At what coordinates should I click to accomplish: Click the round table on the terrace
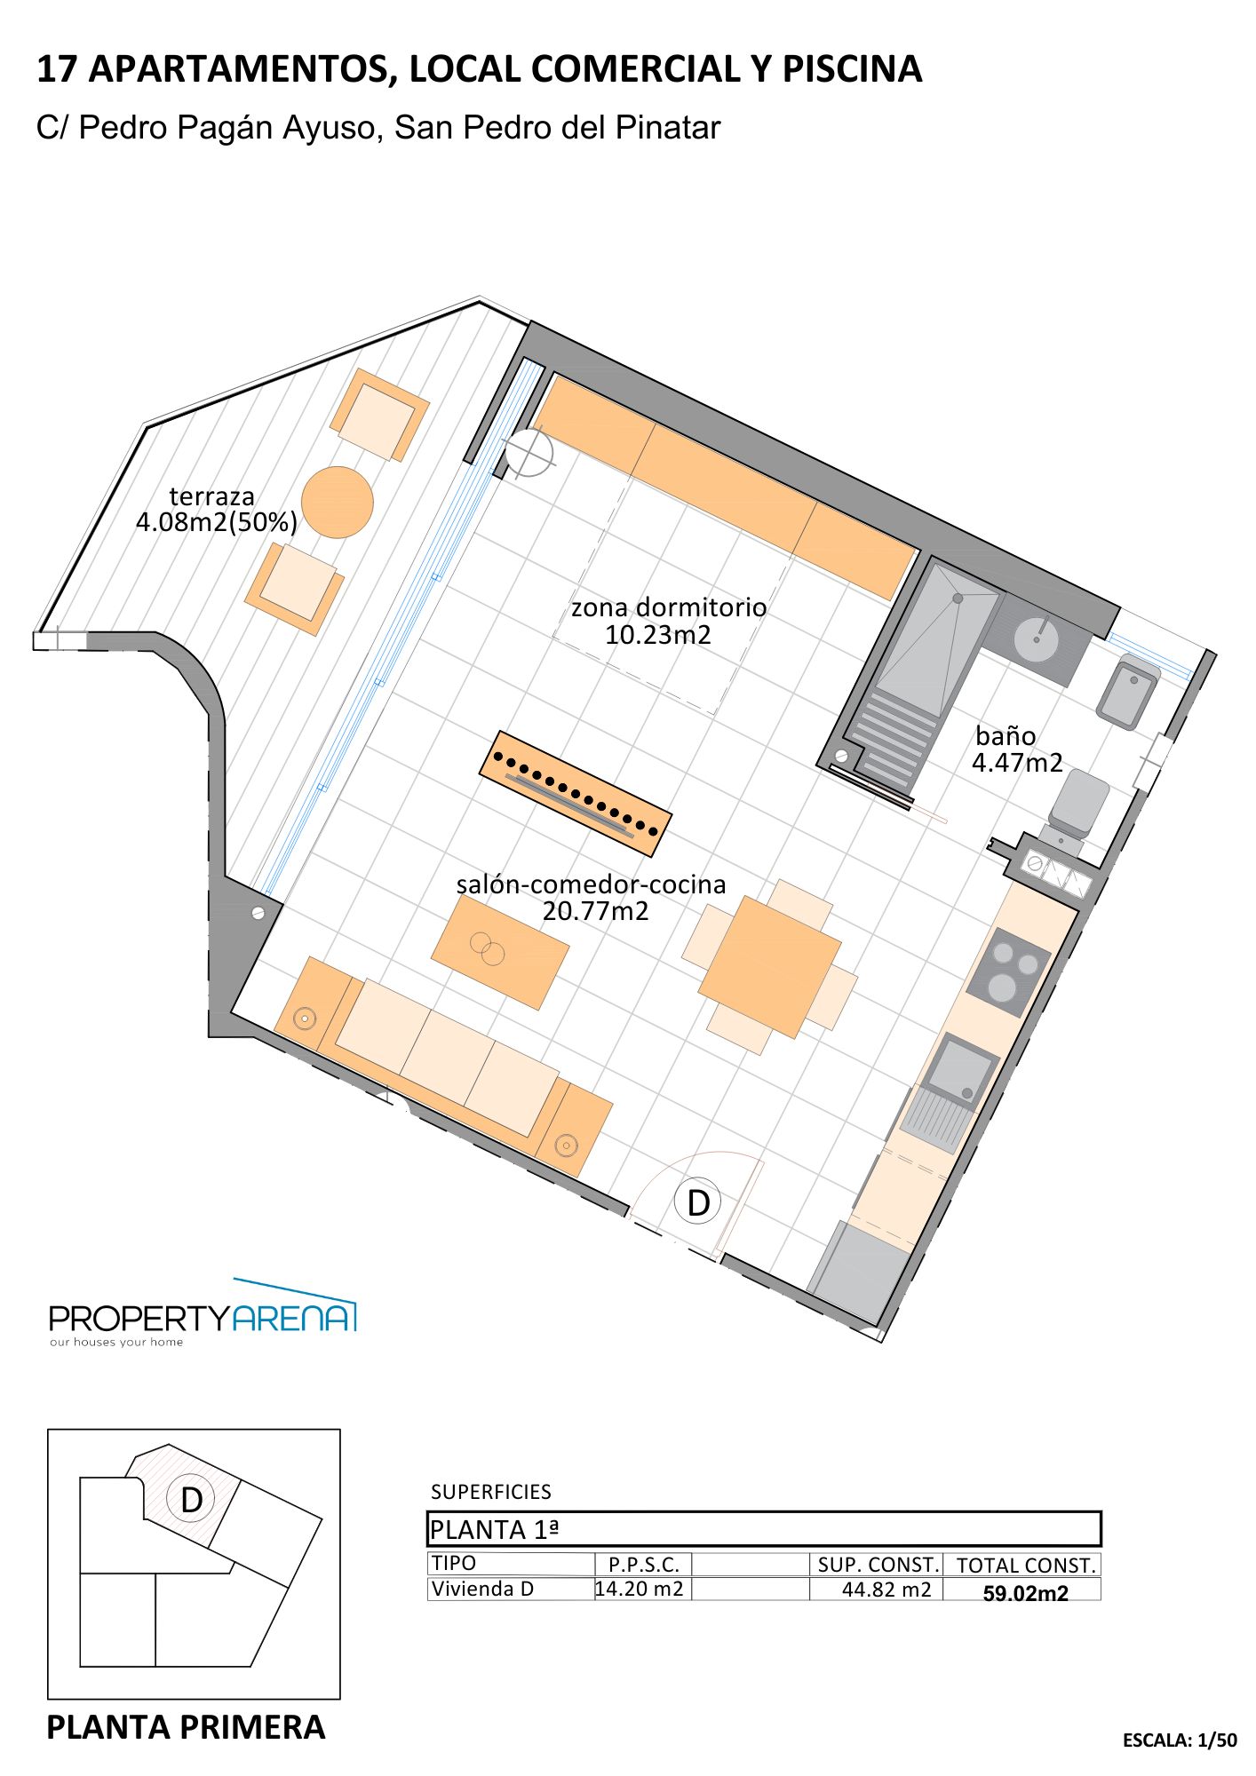coord(337,503)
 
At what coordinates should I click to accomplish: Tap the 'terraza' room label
coord(211,496)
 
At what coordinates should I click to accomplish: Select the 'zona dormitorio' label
coord(669,607)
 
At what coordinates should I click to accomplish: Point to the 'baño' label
coord(1006,736)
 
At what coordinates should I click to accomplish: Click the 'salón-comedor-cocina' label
coord(592,884)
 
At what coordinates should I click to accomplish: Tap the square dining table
coord(770,967)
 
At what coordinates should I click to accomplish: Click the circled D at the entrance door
coord(698,1202)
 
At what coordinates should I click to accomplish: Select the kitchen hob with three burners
coord(1009,972)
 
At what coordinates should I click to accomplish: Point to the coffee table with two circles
coord(500,952)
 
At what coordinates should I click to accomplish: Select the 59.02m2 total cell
coord(1025,1593)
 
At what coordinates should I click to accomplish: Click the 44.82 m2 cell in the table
coord(886,1589)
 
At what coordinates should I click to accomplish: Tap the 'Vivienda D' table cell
coord(482,1588)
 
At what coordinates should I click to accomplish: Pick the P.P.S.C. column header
coord(643,1565)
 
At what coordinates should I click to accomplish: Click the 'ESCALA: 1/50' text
coord(1180,1740)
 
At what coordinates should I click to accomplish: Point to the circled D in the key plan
coord(191,1499)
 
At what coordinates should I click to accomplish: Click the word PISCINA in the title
coord(852,68)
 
